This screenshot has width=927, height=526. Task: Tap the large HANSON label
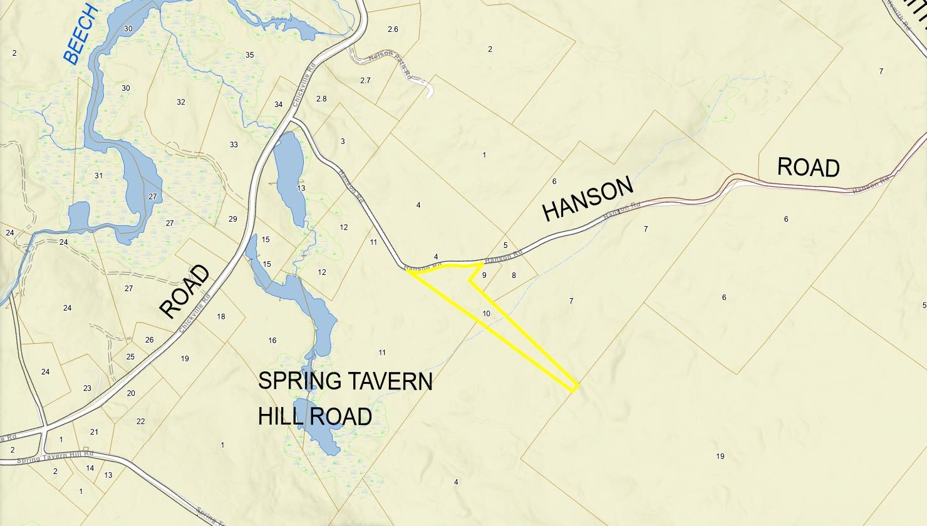(x=588, y=199)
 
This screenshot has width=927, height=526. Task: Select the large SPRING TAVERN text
(x=345, y=381)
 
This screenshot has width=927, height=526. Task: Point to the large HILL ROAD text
(x=314, y=416)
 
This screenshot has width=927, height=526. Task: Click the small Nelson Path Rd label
(x=389, y=64)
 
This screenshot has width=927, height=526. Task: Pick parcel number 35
(x=249, y=55)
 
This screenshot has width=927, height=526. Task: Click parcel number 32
(x=181, y=102)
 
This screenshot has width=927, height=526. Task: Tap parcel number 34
(x=279, y=105)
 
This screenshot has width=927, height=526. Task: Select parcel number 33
(x=234, y=145)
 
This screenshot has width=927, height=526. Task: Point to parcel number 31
(x=98, y=176)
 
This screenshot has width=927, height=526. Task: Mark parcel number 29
(x=233, y=219)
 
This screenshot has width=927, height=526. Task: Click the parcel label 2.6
(x=393, y=29)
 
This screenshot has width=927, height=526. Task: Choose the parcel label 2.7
(x=365, y=81)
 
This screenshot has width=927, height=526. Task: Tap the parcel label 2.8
(x=321, y=99)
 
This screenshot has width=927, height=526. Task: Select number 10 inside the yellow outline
(x=487, y=314)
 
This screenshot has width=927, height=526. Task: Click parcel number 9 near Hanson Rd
(x=484, y=275)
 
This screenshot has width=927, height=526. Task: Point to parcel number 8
(x=514, y=276)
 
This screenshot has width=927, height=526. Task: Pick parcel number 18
(x=221, y=317)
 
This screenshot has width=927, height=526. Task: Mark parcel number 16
(x=272, y=341)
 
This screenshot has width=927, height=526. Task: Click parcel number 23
(x=87, y=388)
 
